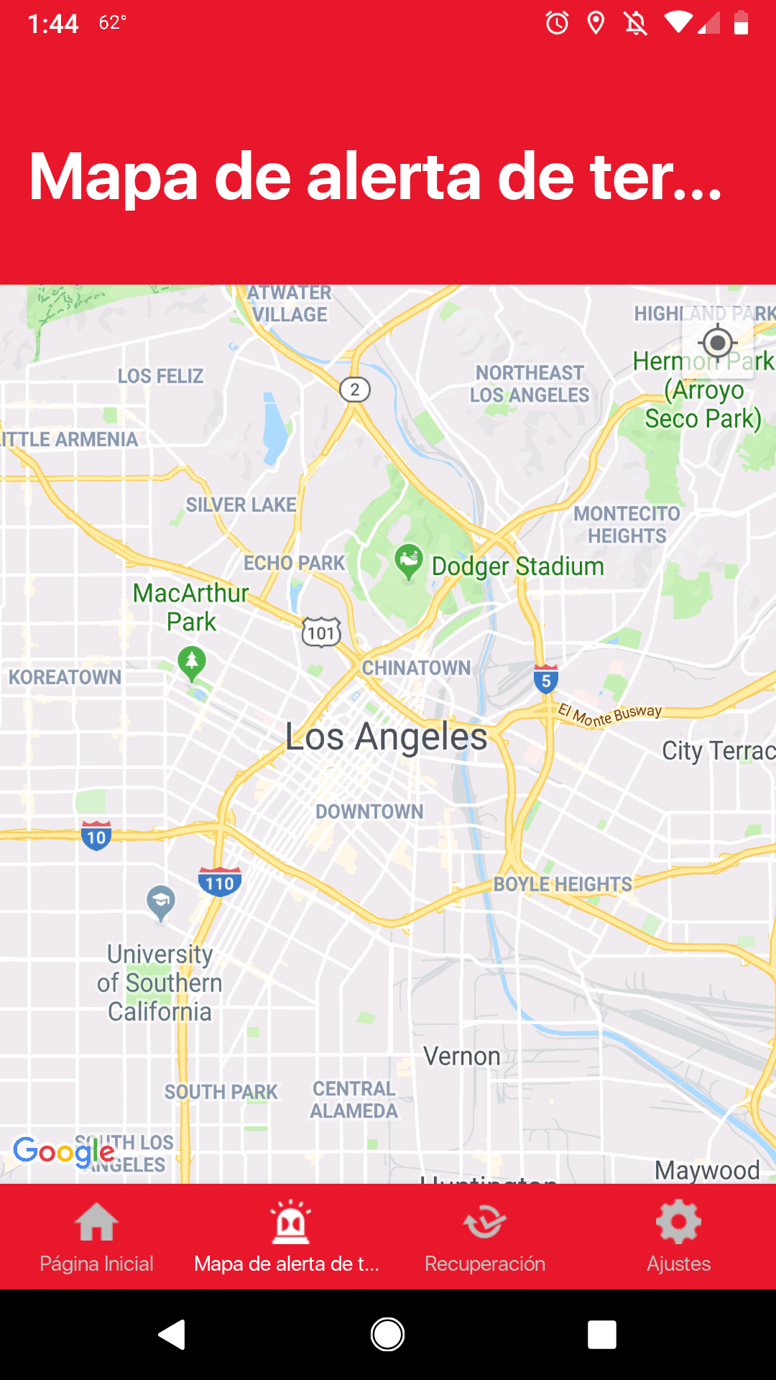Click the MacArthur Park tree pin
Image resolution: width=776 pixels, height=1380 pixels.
(x=191, y=663)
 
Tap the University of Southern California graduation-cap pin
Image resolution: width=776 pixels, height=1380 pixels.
(x=160, y=903)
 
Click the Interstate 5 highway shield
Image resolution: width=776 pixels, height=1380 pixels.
(x=546, y=680)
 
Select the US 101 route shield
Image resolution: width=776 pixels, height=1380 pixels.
(x=321, y=633)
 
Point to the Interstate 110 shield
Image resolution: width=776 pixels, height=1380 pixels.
(x=219, y=882)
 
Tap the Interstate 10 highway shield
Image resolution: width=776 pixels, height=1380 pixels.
(x=96, y=836)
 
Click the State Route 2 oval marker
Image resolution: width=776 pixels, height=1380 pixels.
(x=354, y=390)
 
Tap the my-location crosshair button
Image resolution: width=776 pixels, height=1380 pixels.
(x=717, y=343)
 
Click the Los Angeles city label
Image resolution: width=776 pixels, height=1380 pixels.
(x=386, y=737)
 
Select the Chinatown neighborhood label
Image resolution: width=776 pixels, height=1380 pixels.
(x=416, y=668)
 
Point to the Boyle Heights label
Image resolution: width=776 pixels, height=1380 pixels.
(x=563, y=884)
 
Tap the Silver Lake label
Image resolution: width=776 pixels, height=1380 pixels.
(x=241, y=505)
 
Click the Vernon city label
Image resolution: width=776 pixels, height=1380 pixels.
(x=461, y=1057)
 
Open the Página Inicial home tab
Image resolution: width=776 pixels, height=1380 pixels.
(x=96, y=1236)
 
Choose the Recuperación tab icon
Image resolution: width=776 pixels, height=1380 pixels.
(x=485, y=1222)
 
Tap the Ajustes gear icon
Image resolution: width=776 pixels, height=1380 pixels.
(x=678, y=1222)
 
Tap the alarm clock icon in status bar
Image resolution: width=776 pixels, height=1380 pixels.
(x=557, y=24)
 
